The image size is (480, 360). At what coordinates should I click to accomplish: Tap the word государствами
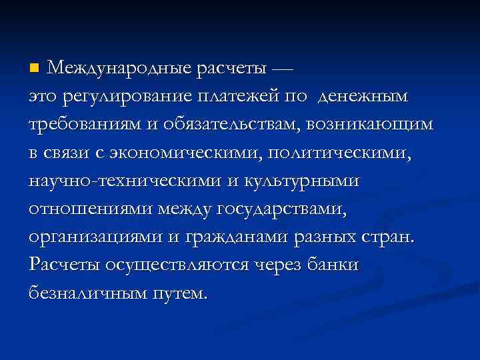tap(281, 209)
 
